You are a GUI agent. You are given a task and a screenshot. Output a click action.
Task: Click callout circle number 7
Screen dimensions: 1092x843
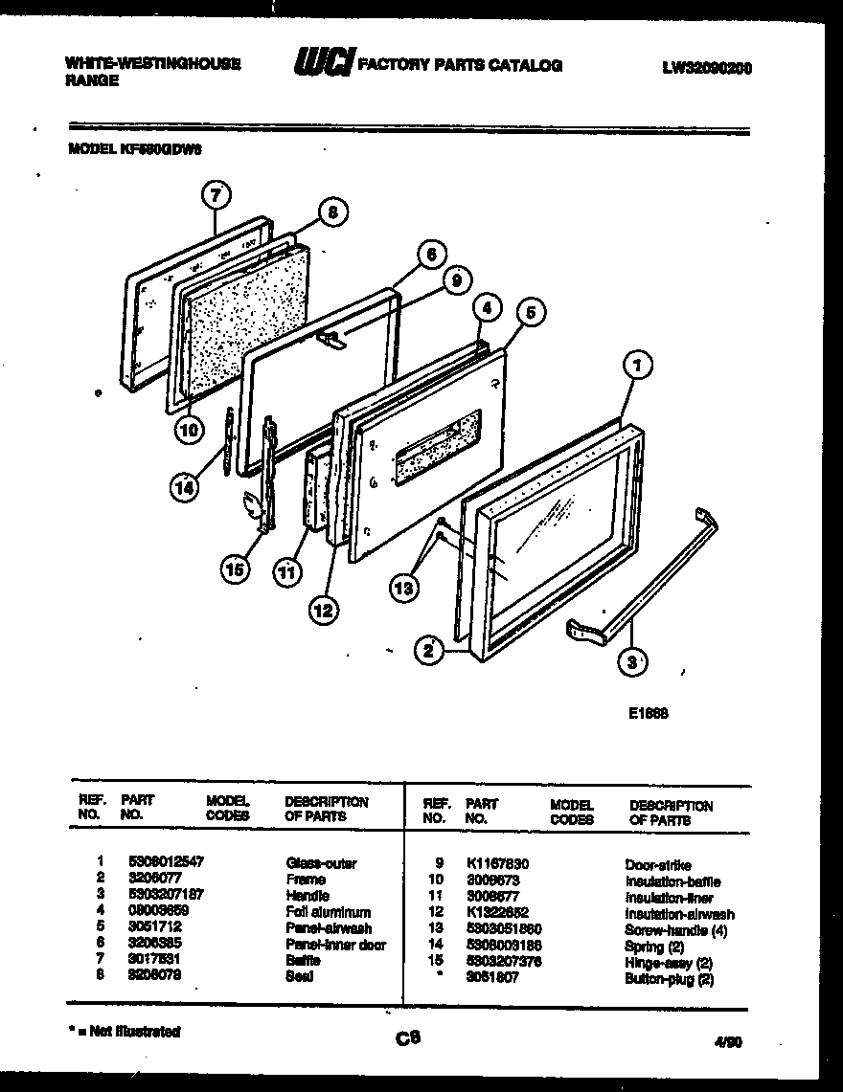[x=216, y=195]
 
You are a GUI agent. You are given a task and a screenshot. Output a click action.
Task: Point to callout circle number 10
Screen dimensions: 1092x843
[x=190, y=431]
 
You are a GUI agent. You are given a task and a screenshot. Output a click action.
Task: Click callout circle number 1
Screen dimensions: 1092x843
[x=637, y=364]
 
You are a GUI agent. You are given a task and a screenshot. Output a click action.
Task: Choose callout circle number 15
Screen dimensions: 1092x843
[x=235, y=569]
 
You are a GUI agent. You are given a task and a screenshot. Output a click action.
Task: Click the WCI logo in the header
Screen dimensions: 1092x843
[x=323, y=64]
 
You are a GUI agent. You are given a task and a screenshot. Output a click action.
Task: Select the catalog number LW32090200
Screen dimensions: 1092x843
[x=707, y=68]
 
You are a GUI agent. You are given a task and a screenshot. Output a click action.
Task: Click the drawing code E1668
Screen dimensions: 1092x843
[x=649, y=713]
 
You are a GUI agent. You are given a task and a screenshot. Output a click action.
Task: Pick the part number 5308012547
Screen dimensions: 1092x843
[x=166, y=863]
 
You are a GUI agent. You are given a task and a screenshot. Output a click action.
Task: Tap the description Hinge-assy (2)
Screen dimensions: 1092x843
[x=668, y=962]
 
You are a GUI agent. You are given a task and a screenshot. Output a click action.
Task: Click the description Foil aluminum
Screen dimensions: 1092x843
[x=328, y=913]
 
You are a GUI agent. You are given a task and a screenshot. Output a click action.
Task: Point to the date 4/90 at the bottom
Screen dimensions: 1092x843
[x=728, y=1044]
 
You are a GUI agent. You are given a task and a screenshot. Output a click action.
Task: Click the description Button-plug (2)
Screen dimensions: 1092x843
[x=669, y=979]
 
